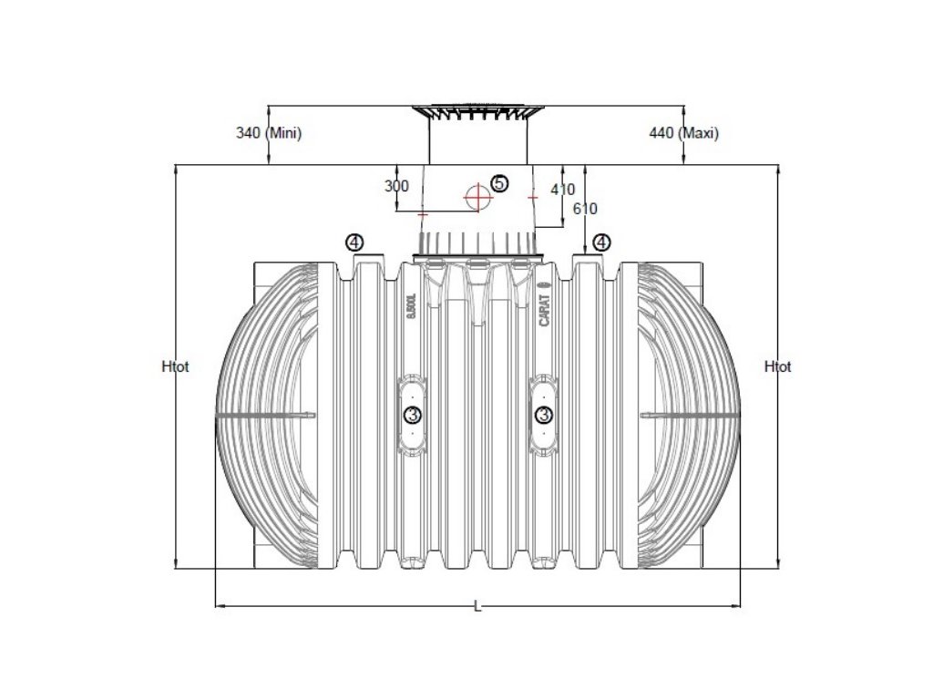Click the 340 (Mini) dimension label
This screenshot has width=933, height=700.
click(x=269, y=133)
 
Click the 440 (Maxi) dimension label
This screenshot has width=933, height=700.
click(x=683, y=133)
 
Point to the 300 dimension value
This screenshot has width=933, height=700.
click(x=397, y=186)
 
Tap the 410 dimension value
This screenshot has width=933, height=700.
click(x=563, y=190)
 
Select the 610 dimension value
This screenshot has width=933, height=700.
click(x=585, y=209)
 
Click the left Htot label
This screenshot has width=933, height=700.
click(x=175, y=367)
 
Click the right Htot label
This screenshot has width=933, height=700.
click(x=778, y=367)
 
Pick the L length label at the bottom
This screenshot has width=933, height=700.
click(x=477, y=607)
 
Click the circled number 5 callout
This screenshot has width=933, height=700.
click(x=499, y=183)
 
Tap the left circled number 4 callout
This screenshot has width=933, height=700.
click(x=354, y=242)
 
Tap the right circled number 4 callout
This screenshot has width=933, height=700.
click(x=601, y=242)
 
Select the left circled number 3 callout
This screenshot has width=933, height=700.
click(x=412, y=416)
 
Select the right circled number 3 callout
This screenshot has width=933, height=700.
click(x=545, y=416)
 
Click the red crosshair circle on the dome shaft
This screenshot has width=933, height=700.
click(x=476, y=196)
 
